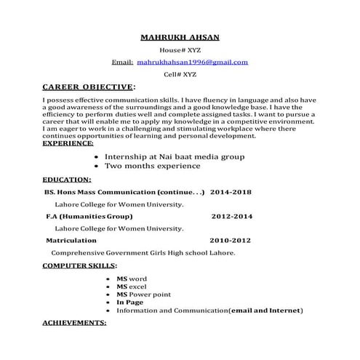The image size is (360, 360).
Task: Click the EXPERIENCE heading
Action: pyautogui.click(x=68, y=144)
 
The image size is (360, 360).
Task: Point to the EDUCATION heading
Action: pyautogui.click(x=67, y=178)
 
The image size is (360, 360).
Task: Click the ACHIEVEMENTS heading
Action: pyautogui.click(x=74, y=321)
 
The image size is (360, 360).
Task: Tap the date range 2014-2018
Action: pyautogui.click(x=231, y=192)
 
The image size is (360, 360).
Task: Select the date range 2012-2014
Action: pyautogui.click(x=232, y=216)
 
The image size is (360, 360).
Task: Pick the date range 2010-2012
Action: pyautogui.click(x=230, y=240)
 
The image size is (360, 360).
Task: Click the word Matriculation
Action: pyautogui.click(x=71, y=240)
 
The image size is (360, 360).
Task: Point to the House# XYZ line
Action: pyautogui.click(x=179, y=50)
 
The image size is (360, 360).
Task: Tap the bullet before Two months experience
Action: pyautogui.click(x=98, y=166)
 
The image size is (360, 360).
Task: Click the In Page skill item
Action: pyautogui.click(x=129, y=302)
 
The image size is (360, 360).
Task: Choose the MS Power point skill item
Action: pyautogui.click(x=143, y=294)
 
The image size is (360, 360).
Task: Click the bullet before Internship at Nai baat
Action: pyautogui.click(x=98, y=156)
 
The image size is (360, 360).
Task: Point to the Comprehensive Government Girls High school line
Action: pyautogui.click(x=143, y=252)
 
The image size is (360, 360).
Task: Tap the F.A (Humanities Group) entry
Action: pyautogui.click(x=89, y=216)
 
